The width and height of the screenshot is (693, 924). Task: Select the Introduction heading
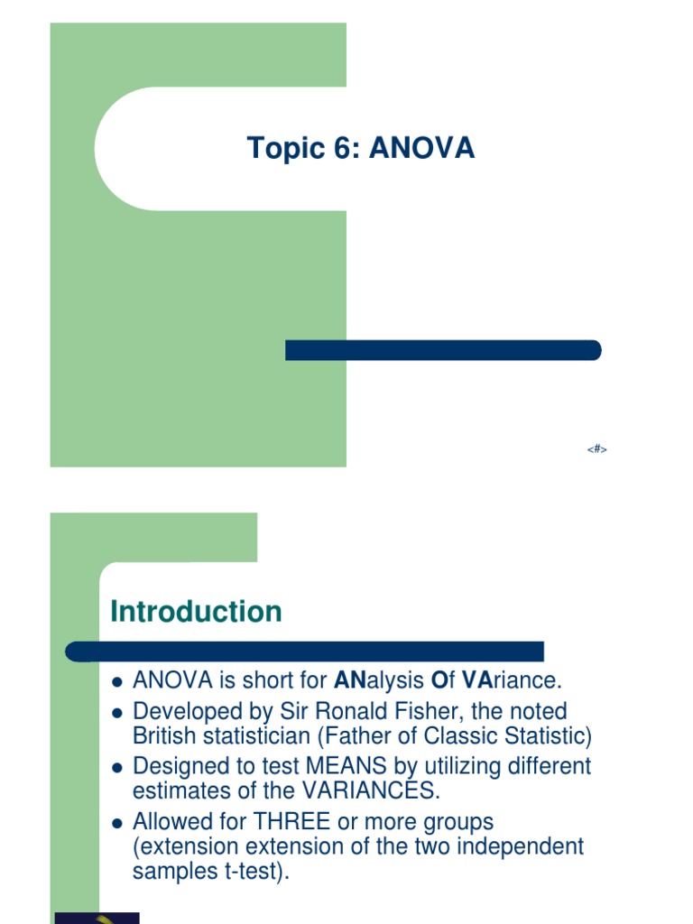196,612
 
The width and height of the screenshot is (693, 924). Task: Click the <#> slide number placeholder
596,448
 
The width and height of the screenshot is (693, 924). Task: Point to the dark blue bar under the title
442,350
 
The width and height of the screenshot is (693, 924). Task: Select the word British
160,736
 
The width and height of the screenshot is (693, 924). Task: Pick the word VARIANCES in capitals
360,792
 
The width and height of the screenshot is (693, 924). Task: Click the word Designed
174,766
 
